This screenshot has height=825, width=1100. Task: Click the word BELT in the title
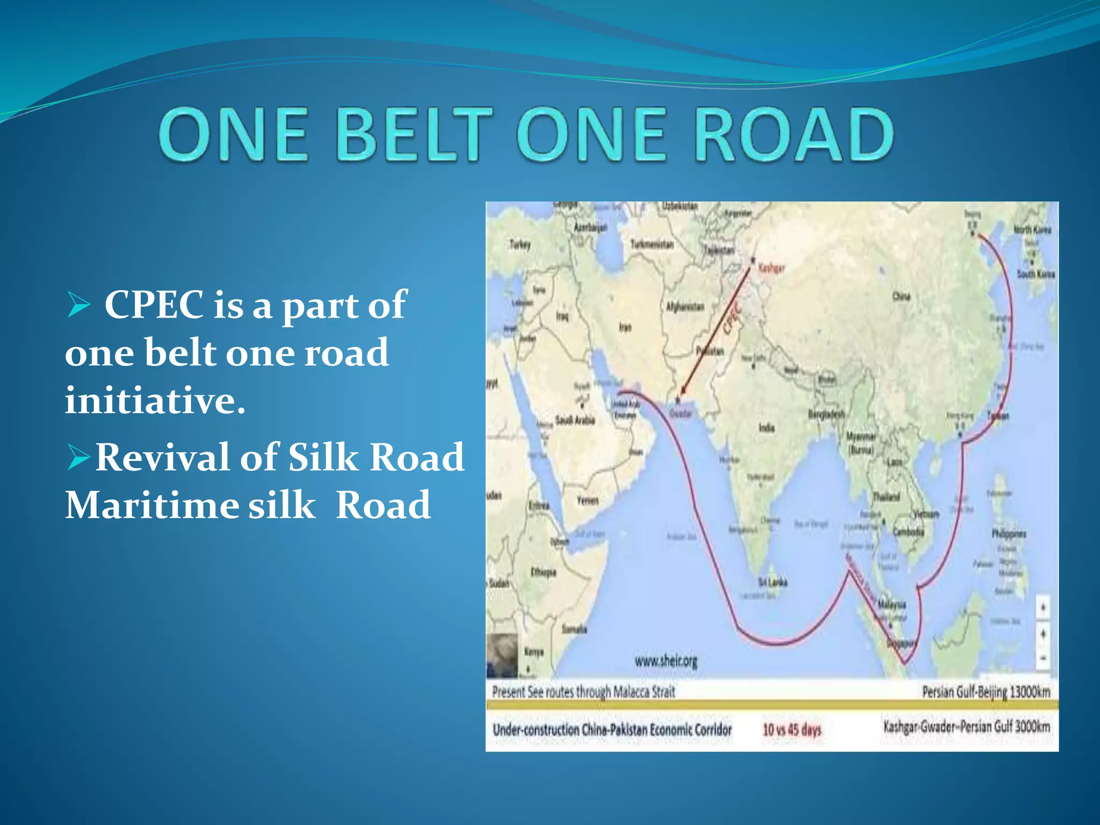(x=415, y=134)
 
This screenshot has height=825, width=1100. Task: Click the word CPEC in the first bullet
(x=154, y=305)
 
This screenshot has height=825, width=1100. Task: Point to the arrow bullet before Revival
(x=79, y=458)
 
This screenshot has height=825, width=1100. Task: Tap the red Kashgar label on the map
(x=771, y=267)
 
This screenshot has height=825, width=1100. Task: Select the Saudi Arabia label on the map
(x=575, y=420)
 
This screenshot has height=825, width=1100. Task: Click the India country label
(x=766, y=428)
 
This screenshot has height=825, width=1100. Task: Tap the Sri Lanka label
(x=773, y=582)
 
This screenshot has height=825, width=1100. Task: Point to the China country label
(x=901, y=296)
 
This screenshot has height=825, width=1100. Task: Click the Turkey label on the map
(x=520, y=244)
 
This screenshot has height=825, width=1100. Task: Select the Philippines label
(x=1009, y=533)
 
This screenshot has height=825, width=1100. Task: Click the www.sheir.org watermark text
(x=666, y=661)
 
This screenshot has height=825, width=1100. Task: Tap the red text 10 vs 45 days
(x=792, y=729)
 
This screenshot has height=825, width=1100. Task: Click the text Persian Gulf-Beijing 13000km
(x=986, y=692)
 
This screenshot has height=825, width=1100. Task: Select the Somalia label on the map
(x=574, y=628)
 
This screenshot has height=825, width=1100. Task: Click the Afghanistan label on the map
(x=685, y=307)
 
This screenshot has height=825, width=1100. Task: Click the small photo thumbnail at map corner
(x=502, y=656)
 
